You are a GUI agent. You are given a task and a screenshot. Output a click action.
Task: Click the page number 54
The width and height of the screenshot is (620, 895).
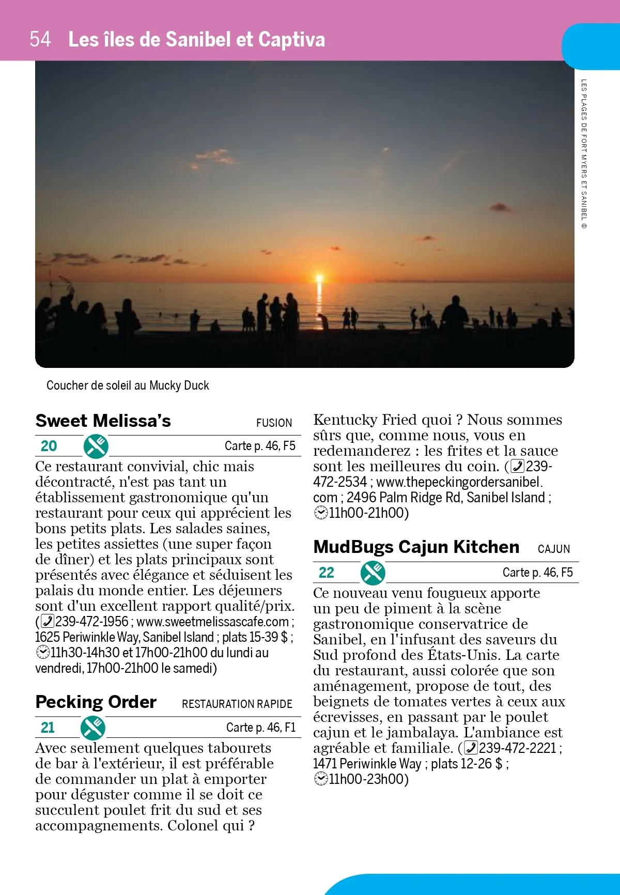click(40, 39)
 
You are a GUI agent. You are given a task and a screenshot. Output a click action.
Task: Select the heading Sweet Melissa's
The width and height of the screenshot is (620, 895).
click(103, 421)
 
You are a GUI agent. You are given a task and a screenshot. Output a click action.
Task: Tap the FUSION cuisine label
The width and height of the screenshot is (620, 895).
click(274, 423)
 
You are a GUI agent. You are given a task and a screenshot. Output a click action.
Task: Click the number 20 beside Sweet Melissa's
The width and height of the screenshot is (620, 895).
click(49, 446)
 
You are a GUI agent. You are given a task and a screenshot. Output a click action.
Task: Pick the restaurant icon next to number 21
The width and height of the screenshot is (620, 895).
click(93, 728)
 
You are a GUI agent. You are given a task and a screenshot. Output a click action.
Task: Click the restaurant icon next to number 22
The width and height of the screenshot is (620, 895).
click(373, 573)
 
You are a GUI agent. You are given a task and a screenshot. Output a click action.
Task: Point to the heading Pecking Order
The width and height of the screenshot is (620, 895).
click(96, 702)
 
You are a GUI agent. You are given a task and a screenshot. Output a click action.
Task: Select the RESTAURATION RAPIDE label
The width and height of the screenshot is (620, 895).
click(237, 704)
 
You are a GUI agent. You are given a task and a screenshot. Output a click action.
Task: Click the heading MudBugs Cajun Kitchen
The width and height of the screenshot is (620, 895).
click(416, 547)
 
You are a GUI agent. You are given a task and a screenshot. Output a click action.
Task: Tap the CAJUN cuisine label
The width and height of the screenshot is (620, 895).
click(553, 549)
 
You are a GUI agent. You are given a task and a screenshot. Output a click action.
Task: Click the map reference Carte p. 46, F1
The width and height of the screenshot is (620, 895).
click(260, 728)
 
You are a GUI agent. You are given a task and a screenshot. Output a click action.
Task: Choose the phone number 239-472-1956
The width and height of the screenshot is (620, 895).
click(91, 622)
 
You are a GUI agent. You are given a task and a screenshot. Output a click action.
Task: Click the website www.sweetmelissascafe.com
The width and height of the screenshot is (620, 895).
click(212, 622)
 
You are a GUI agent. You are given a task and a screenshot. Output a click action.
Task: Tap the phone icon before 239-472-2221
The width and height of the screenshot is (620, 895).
click(471, 748)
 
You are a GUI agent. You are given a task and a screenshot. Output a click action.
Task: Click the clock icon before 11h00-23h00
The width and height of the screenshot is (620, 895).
click(321, 779)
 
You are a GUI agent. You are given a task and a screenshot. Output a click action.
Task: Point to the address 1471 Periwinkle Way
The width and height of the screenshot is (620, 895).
click(367, 764)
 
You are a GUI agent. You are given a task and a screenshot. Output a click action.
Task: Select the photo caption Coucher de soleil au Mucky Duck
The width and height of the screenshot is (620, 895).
click(128, 385)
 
